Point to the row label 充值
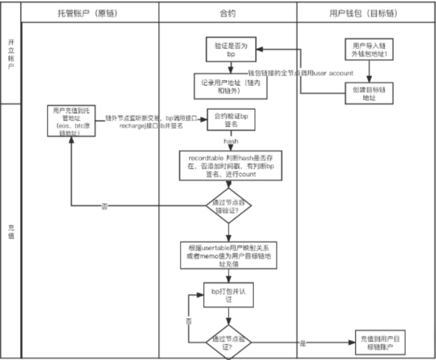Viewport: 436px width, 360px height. point(11,231)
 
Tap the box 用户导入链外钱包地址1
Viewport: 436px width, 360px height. point(366,52)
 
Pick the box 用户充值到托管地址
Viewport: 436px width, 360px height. point(71,120)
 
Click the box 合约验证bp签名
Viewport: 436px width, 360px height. point(231,120)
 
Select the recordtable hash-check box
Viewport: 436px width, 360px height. point(231,164)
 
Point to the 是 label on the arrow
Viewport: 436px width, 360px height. point(302,344)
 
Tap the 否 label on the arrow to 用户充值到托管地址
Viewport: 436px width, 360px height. point(104,206)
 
